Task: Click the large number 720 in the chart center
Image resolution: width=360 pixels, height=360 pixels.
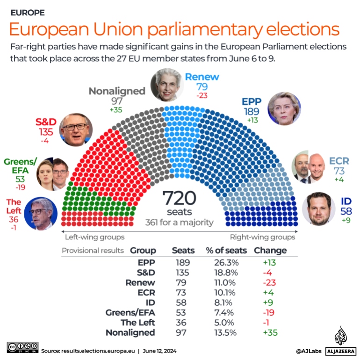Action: [x=180, y=198]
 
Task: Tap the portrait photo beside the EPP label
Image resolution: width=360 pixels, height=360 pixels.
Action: [x=284, y=108]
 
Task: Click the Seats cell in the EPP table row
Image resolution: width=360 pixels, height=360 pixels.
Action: [x=180, y=263]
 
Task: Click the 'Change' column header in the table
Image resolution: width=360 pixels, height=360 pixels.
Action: [x=270, y=251]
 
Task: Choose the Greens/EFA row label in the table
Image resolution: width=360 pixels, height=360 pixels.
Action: [x=131, y=312]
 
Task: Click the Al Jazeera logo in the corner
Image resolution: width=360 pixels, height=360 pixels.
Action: [x=340, y=342]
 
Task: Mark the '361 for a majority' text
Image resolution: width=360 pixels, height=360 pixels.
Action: [x=180, y=222]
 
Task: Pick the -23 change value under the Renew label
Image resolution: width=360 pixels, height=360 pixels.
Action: [x=202, y=96]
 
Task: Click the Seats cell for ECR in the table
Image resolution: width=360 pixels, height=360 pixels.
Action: [x=180, y=293]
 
